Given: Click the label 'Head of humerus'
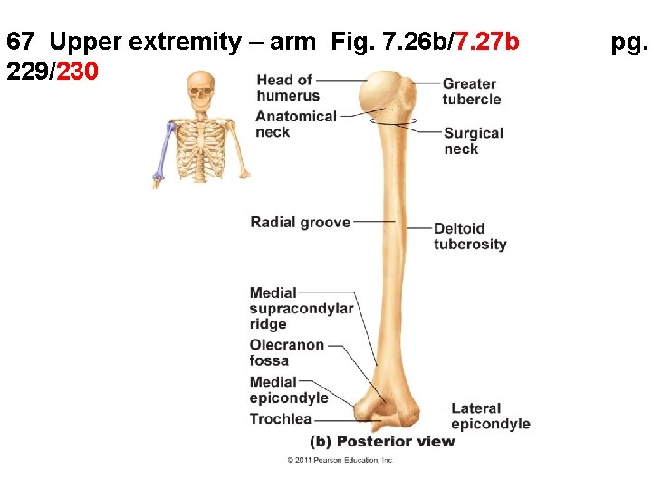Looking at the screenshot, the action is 288,88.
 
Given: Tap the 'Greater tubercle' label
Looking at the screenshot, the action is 471,91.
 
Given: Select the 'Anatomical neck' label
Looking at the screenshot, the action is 295,124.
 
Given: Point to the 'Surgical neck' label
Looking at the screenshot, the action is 473,140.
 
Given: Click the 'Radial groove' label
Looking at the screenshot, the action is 300,222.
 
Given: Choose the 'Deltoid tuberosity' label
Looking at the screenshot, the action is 470,236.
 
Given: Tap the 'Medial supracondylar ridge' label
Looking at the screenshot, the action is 301,308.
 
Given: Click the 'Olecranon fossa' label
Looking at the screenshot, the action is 286,352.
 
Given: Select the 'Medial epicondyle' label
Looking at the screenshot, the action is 288,389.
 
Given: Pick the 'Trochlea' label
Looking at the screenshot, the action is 281,418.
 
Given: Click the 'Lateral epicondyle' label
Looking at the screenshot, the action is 490,416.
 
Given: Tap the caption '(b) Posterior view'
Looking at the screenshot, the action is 382,442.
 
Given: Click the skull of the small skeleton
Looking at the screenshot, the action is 202,89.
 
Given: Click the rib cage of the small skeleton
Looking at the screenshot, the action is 201,139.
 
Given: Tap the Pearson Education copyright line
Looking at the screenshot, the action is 340,460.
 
